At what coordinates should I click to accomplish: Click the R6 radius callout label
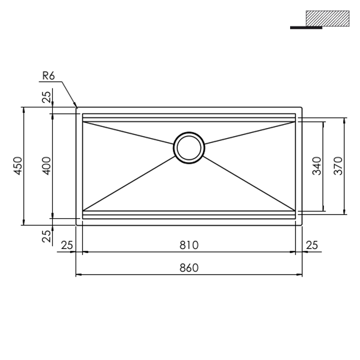click(49, 76)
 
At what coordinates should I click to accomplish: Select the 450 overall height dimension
click(18, 166)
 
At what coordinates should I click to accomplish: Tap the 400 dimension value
click(47, 166)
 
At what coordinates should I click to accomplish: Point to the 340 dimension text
click(317, 166)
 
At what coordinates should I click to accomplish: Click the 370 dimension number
click(338, 166)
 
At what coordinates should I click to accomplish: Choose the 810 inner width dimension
click(189, 245)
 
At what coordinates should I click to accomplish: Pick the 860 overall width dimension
click(189, 268)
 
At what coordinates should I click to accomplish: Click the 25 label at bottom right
click(312, 245)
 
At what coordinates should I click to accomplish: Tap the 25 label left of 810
click(67, 245)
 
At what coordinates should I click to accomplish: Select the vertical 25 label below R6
click(47, 97)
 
